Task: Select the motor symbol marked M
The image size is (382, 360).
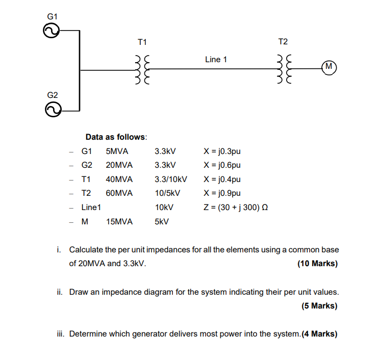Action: (x=329, y=66)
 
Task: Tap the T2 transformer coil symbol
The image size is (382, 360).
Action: (x=284, y=70)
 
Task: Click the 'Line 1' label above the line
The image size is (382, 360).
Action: (x=216, y=60)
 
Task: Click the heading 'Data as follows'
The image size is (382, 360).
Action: (x=116, y=137)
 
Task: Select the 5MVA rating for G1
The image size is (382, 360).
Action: (x=117, y=151)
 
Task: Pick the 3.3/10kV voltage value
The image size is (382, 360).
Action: (x=171, y=179)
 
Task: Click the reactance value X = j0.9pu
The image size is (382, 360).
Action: (x=222, y=193)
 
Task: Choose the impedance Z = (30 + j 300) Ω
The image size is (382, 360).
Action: (x=236, y=208)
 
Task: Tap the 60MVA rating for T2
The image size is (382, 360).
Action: (x=119, y=193)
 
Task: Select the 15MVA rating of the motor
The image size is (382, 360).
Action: (x=119, y=222)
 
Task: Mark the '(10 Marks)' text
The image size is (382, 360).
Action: (x=317, y=264)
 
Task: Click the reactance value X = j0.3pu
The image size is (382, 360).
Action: (x=222, y=151)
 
